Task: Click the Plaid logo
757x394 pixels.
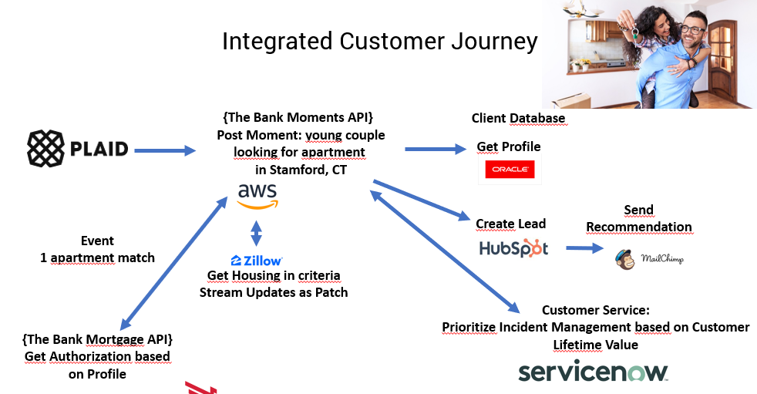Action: (x=78, y=148)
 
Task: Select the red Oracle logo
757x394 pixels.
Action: (x=510, y=170)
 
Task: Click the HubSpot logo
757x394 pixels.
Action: (x=513, y=248)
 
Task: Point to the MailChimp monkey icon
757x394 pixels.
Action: (x=624, y=259)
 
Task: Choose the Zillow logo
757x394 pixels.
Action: (x=257, y=261)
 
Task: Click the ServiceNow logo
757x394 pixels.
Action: (x=593, y=372)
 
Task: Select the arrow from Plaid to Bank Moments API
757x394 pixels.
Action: (x=165, y=150)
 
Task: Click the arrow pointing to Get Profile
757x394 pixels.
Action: (x=436, y=150)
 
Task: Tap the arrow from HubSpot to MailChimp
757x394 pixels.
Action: (x=584, y=248)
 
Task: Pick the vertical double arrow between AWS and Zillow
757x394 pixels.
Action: (x=257, y=233)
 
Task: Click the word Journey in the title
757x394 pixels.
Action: (x=494, y=42)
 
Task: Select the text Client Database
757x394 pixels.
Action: (x=518, y=118)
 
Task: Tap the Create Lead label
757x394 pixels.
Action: (x=511, y=224)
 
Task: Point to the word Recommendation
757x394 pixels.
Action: (x=639, y=227)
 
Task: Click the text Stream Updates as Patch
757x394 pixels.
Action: (x=274, y=292)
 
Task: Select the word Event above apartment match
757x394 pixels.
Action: (x=98, y=241)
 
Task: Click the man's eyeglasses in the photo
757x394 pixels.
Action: (x=693, y=30)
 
